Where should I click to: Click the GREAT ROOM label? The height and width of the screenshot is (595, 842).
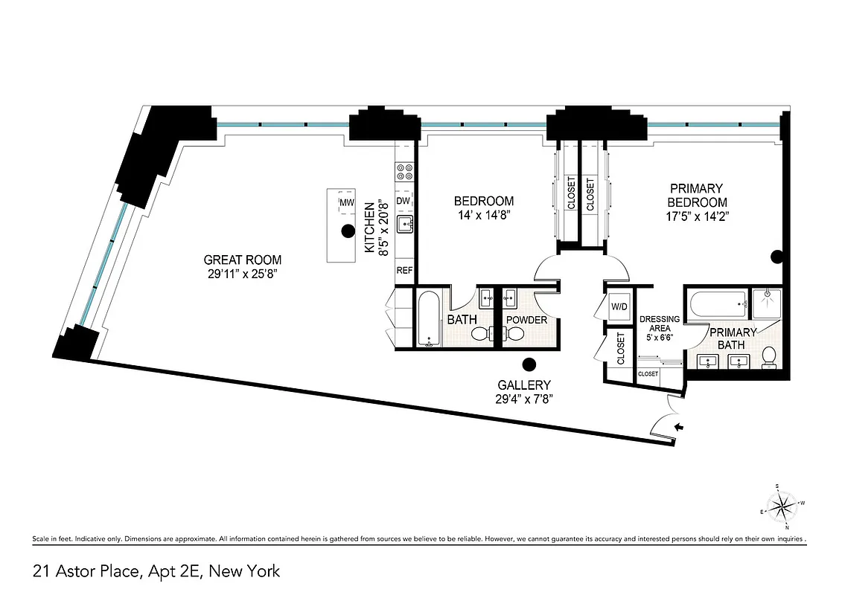tap(243, 260)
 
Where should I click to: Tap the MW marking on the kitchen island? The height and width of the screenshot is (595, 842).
tap(346, 202)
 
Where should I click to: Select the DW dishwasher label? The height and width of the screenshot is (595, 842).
tap(404, 201)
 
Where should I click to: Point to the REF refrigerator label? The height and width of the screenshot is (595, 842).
tap(404, 271)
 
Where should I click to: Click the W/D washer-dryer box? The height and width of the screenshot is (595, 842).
tap(619, 306)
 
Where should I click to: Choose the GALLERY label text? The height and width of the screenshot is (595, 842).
tap(525, 385)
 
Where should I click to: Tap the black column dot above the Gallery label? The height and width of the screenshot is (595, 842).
tap(529, 364)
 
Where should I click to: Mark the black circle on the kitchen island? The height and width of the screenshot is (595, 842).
tap(347, 231)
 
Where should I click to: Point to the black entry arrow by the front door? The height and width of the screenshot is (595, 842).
tap(678, 427)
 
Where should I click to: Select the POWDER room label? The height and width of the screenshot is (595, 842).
tap(526, 320)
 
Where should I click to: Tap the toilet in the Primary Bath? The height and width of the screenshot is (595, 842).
tap(770, 357)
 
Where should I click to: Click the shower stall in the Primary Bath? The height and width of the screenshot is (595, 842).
tap(765, 303)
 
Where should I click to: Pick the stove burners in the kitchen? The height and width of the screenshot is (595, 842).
tap(404, 173)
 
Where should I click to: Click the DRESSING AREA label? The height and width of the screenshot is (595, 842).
tap(660, 324)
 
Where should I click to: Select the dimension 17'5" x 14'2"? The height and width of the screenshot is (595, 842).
tap(696, 217)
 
